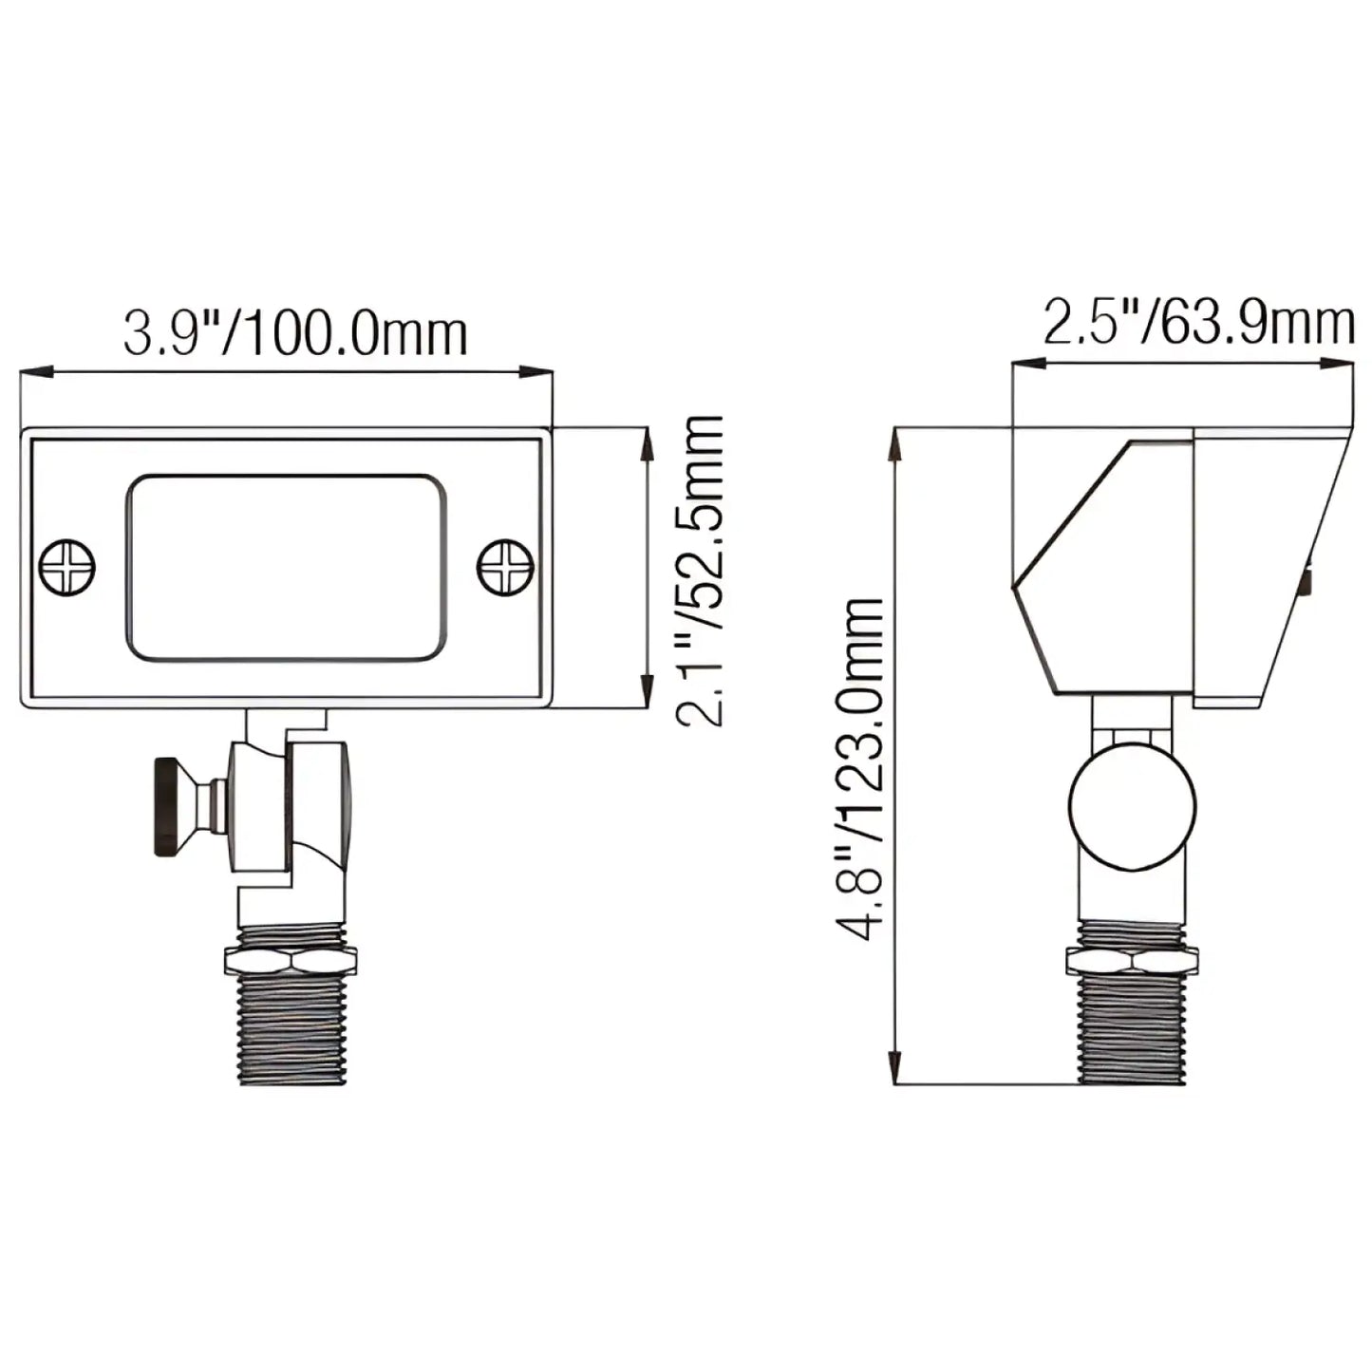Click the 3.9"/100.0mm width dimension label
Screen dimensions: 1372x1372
(295, 334)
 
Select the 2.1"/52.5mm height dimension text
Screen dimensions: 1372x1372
(701, 570)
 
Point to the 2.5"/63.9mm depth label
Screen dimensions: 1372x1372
(1198, 323)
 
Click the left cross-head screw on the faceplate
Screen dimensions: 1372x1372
(67, 568)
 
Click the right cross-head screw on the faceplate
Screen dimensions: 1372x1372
(504, 568)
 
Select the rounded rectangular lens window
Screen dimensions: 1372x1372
(286, 568)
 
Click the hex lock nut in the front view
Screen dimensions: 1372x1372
(291, 960)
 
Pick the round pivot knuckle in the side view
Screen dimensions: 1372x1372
(1132, 805)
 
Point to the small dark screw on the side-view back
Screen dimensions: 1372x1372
(1307, 581)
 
